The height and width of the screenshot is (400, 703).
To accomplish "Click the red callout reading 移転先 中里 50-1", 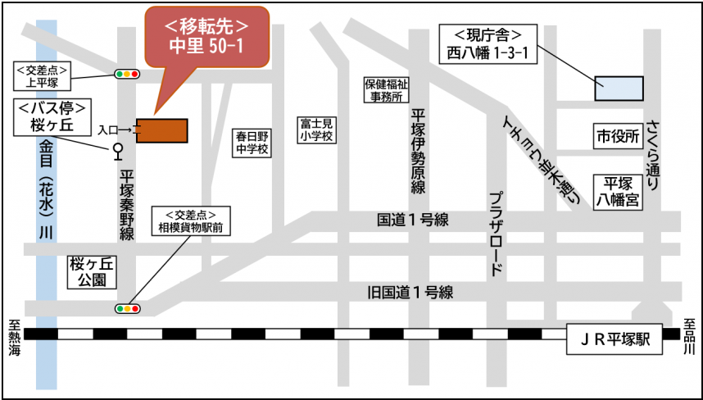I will click(206, 37).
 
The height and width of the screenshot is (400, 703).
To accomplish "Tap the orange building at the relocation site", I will click(162, 130).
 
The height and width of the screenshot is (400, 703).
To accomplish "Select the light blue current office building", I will click(619, 88).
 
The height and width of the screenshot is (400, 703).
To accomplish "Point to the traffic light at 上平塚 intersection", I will click(127, 75).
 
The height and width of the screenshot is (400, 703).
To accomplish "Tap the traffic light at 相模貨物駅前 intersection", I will click(127, 309).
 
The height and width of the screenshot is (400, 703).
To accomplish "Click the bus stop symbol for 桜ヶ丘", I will click(117, 150).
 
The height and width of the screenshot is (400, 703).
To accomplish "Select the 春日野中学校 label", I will click(252, 143).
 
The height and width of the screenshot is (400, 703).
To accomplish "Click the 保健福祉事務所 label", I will click(386, 90).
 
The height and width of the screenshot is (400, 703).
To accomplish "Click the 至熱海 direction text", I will click(14, 337).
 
